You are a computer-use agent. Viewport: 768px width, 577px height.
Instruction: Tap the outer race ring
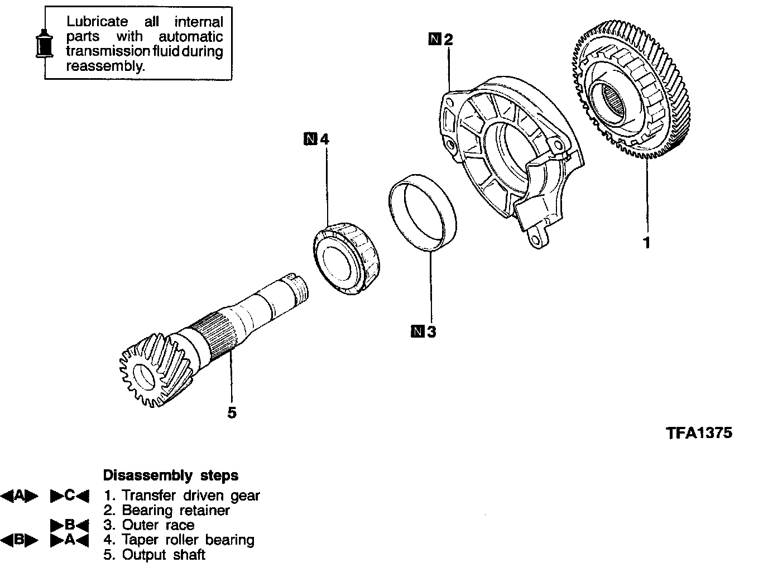423,215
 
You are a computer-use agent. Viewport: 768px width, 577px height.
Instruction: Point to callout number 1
647,243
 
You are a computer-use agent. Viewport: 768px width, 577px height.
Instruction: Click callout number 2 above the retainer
448,39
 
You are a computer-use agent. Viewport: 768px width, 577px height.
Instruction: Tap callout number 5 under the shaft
232,413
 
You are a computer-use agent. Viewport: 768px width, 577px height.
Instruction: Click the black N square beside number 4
310,138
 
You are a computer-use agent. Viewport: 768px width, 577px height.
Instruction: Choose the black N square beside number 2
435,39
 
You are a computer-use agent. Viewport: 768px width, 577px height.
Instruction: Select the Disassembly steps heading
170,475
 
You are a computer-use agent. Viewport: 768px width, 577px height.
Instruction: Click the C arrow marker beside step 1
70,496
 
